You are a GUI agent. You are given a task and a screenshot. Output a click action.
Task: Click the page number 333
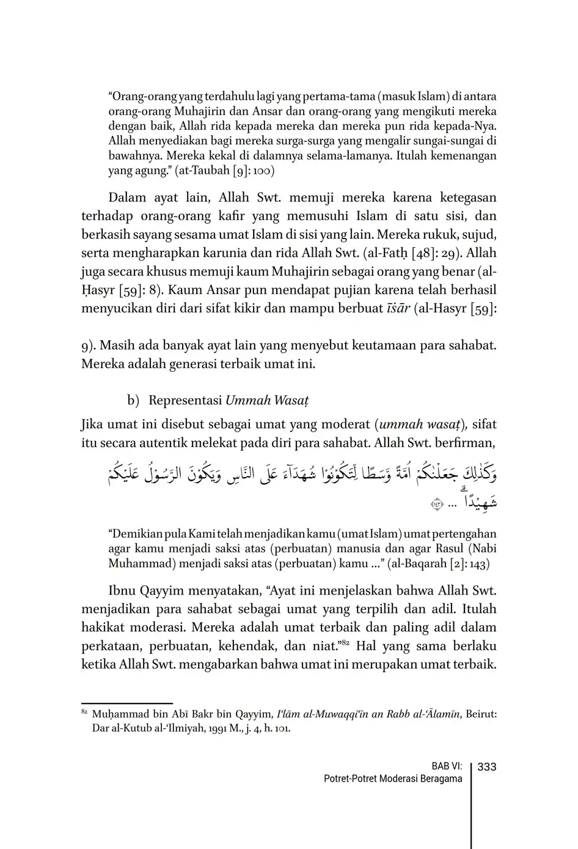pyautogui.click(x=486, y=766)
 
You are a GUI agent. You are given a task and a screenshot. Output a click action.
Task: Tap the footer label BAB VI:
pyautogui.click(x=447, y=766)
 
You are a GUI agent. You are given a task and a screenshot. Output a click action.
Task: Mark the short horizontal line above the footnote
pyautogui.click(x=127, y=704)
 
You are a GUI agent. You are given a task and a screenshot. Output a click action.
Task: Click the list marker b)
pyautogui.click(x=134, y=401)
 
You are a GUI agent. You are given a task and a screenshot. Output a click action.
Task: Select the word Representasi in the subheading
pyautogui.click(x=185, y=401)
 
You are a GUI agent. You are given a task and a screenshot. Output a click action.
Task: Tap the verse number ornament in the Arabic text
pyautogui.click(x=437, y=505)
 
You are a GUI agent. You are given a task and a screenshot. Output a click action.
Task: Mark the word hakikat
pyautogui.click(x=103, y=628)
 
